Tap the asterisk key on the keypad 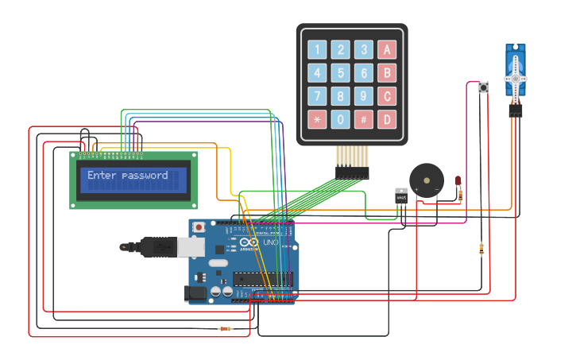318,120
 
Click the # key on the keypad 364,120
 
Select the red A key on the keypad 387,50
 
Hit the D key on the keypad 387,120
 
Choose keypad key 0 341,120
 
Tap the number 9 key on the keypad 364,97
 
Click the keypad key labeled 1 318,50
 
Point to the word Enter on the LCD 102,175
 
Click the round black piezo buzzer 427,180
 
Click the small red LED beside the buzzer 458,182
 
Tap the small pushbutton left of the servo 483,87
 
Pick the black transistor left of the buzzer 401,195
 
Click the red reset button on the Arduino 199,227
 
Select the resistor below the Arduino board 226,329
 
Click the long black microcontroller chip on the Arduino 262,279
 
